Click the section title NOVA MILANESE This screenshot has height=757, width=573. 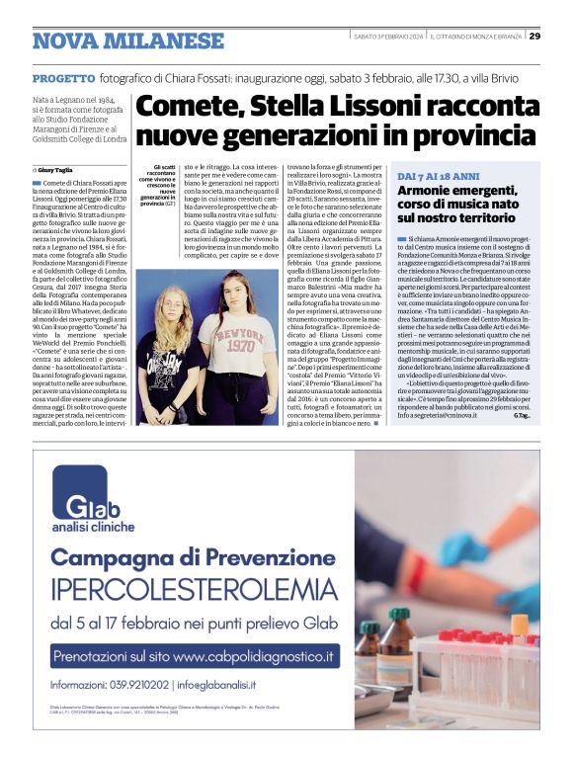tap(128, 41)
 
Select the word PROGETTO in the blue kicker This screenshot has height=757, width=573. tap(63, 77)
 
